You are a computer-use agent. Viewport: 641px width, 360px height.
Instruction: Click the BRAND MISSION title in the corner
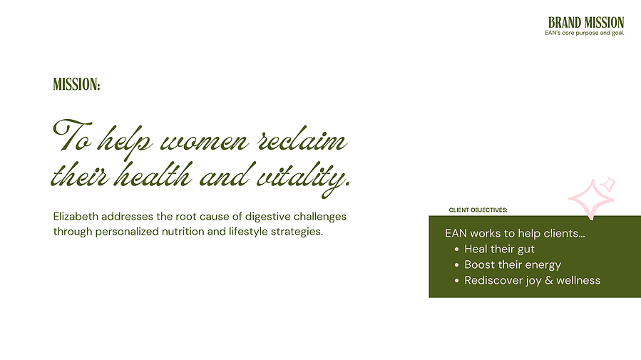(586, 23)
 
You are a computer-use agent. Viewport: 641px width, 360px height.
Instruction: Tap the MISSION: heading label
(76, 85)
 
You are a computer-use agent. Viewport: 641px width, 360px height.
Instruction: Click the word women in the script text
(205, 142)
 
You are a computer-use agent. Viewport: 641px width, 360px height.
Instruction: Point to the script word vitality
(303, 178)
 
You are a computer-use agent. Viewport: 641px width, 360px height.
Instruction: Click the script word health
(153, 175)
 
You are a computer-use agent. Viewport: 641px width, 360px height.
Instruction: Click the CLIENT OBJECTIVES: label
(478, 210)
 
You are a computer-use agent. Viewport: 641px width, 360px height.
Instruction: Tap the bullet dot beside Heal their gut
(456, 250)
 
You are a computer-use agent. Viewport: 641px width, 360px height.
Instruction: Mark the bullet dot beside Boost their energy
(456, 264)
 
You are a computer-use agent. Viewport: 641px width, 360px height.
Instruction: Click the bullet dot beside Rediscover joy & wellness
(456, 281)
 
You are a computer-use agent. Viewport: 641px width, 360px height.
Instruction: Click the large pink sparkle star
(592, 200)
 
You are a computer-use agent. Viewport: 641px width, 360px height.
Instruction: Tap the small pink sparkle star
(608, 185)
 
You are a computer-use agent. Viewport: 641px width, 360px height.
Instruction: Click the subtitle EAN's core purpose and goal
(585, 33)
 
